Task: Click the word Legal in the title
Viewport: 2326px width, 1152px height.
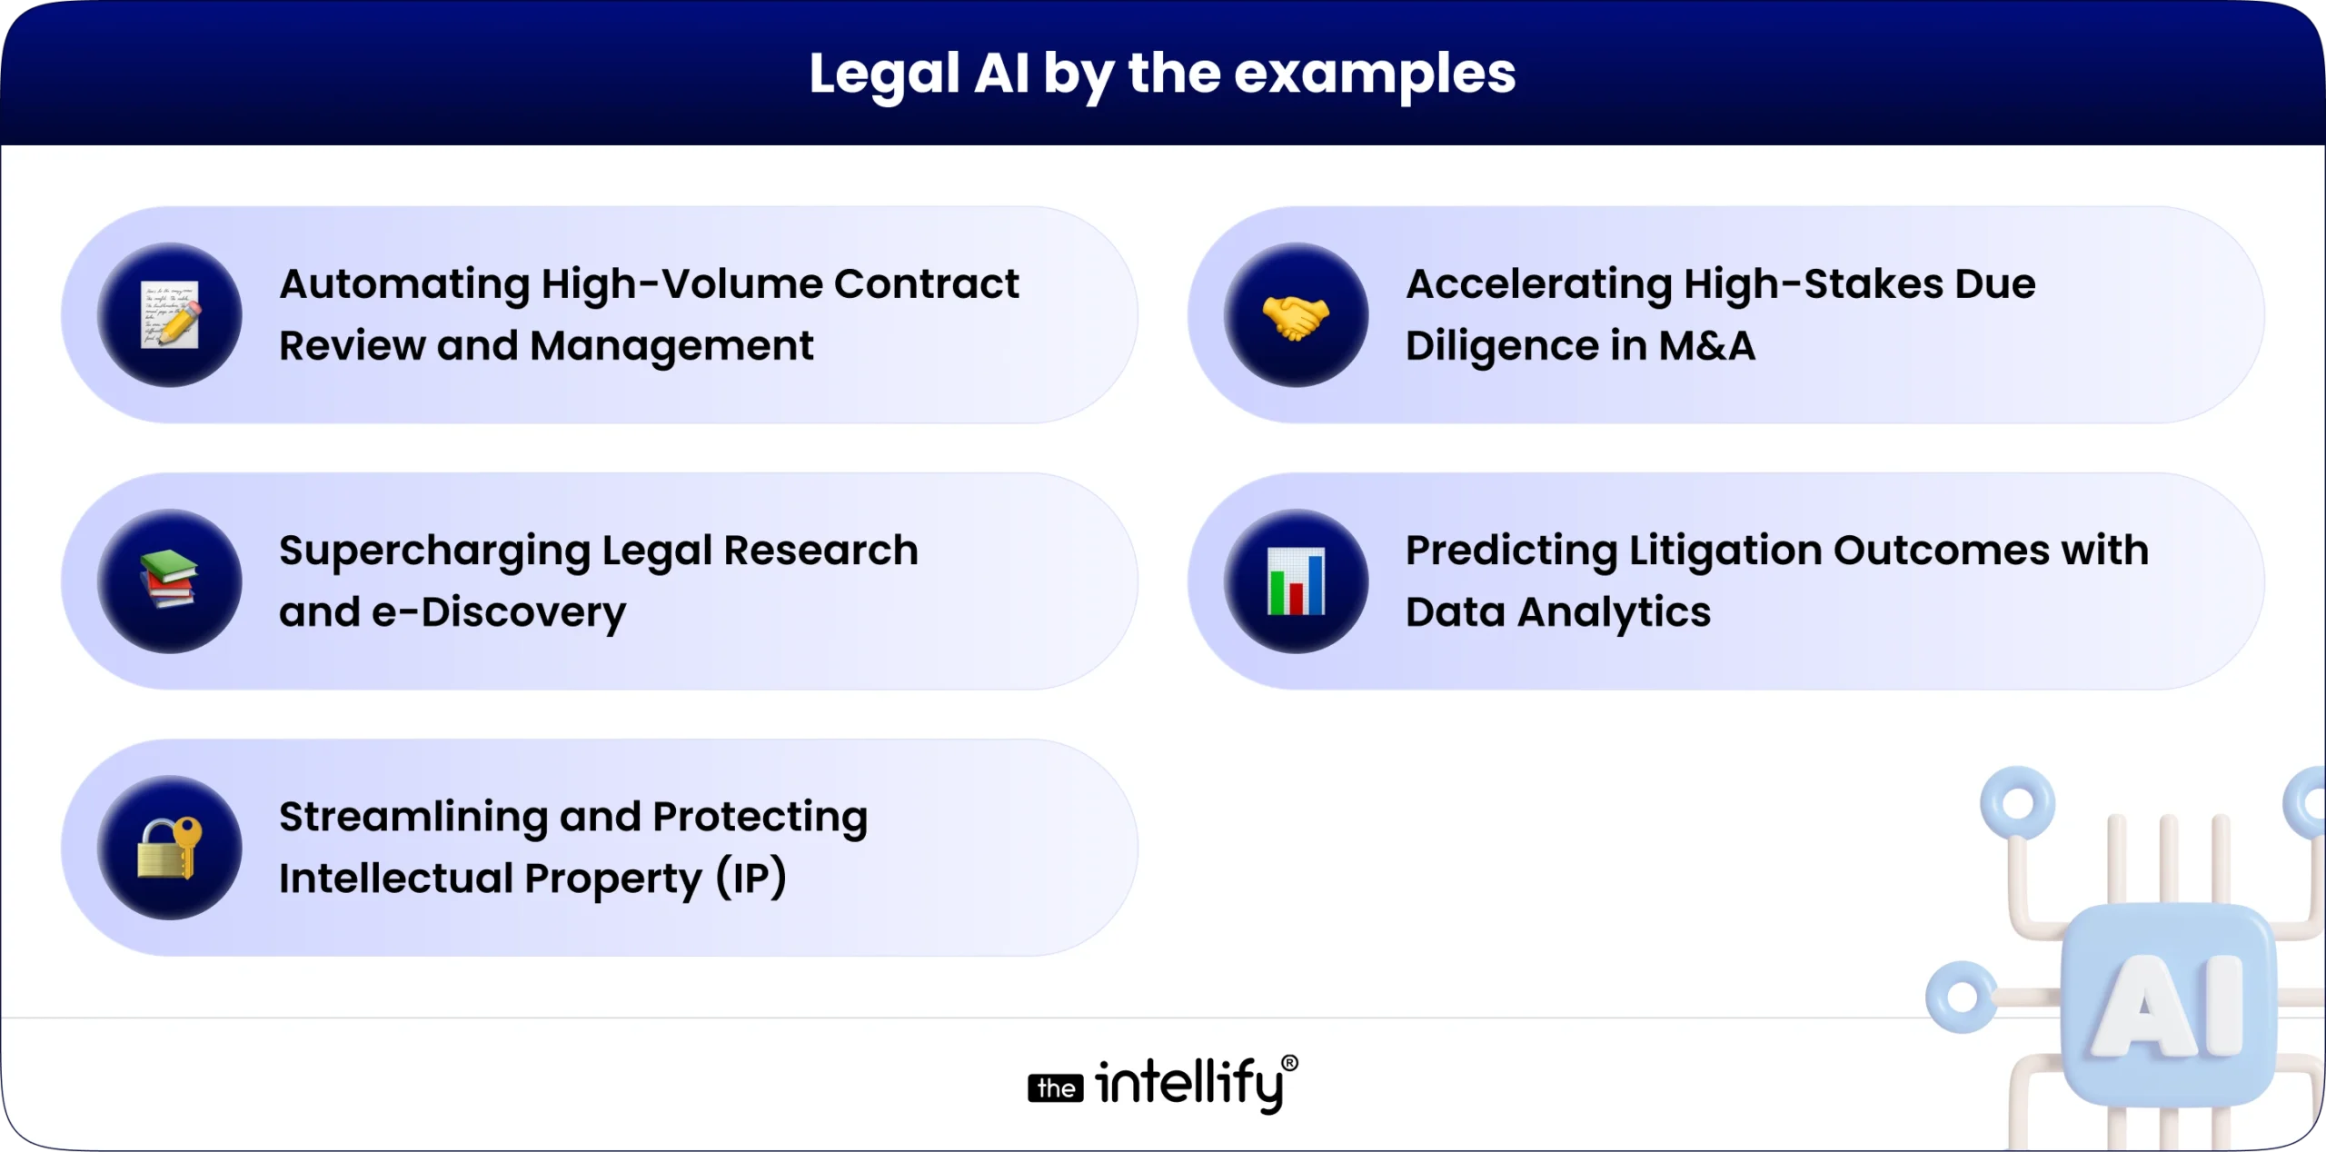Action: click(884, 74)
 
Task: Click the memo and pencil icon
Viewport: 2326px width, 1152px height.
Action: click(170, 315)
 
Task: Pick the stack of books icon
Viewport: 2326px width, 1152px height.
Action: click(169, 580)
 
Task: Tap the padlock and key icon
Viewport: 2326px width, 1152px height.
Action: click(170, 848)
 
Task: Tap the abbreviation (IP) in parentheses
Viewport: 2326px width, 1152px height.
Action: click(750, 879)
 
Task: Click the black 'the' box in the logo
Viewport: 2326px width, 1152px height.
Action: click(1055, 1088)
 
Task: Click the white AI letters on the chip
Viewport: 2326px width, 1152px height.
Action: click(2169, 1007)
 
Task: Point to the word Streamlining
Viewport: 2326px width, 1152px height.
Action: click(413, 818)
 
